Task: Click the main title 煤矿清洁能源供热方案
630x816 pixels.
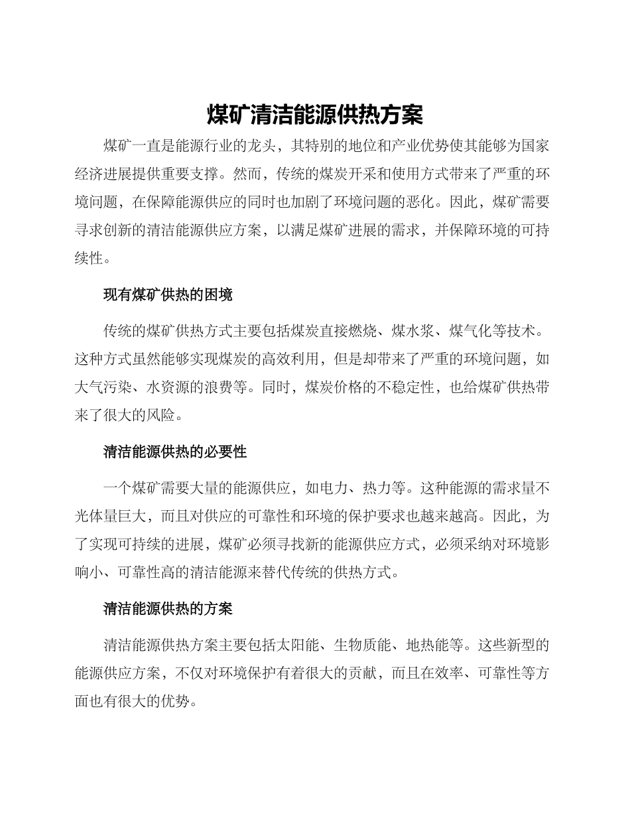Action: tap(315, 115)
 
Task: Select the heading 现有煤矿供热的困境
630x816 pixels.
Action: tap(168, 295)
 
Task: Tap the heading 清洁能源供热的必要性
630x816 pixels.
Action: tap(175, 452)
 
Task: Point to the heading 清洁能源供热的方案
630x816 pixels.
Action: tap(168, 608)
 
